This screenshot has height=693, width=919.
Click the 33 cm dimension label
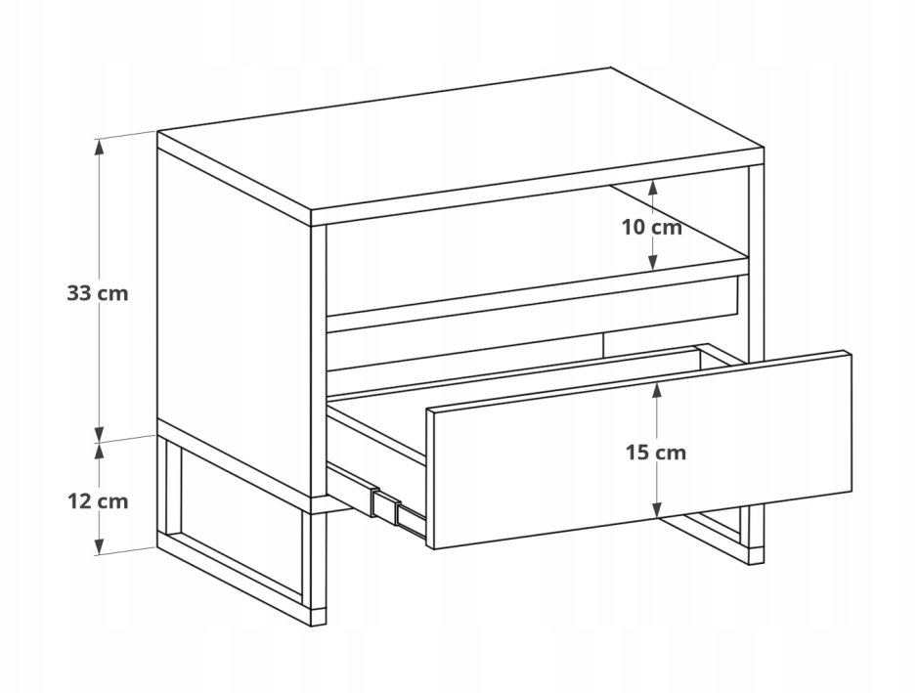[98, 293]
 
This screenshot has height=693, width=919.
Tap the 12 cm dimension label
[98, 501]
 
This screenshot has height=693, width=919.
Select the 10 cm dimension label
[652, 227]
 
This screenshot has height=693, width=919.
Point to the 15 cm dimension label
[655, 453]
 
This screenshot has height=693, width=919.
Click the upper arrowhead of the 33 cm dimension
[101, 147]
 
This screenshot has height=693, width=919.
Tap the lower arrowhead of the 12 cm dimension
[101, 545]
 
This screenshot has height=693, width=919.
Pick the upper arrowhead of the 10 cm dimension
[653, 188]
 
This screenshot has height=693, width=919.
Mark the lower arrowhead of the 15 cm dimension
[657, 510]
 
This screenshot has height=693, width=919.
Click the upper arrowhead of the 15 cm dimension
[656, 391]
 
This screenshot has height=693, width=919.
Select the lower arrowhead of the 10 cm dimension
[653, 262]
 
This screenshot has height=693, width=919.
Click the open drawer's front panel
[640, 451]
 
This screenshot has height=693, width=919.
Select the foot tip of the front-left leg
[318, 619]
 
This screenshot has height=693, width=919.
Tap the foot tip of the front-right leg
[756, 556]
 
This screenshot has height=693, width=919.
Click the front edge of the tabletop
[537, 188]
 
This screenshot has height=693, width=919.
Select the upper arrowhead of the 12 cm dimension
[101, 451]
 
